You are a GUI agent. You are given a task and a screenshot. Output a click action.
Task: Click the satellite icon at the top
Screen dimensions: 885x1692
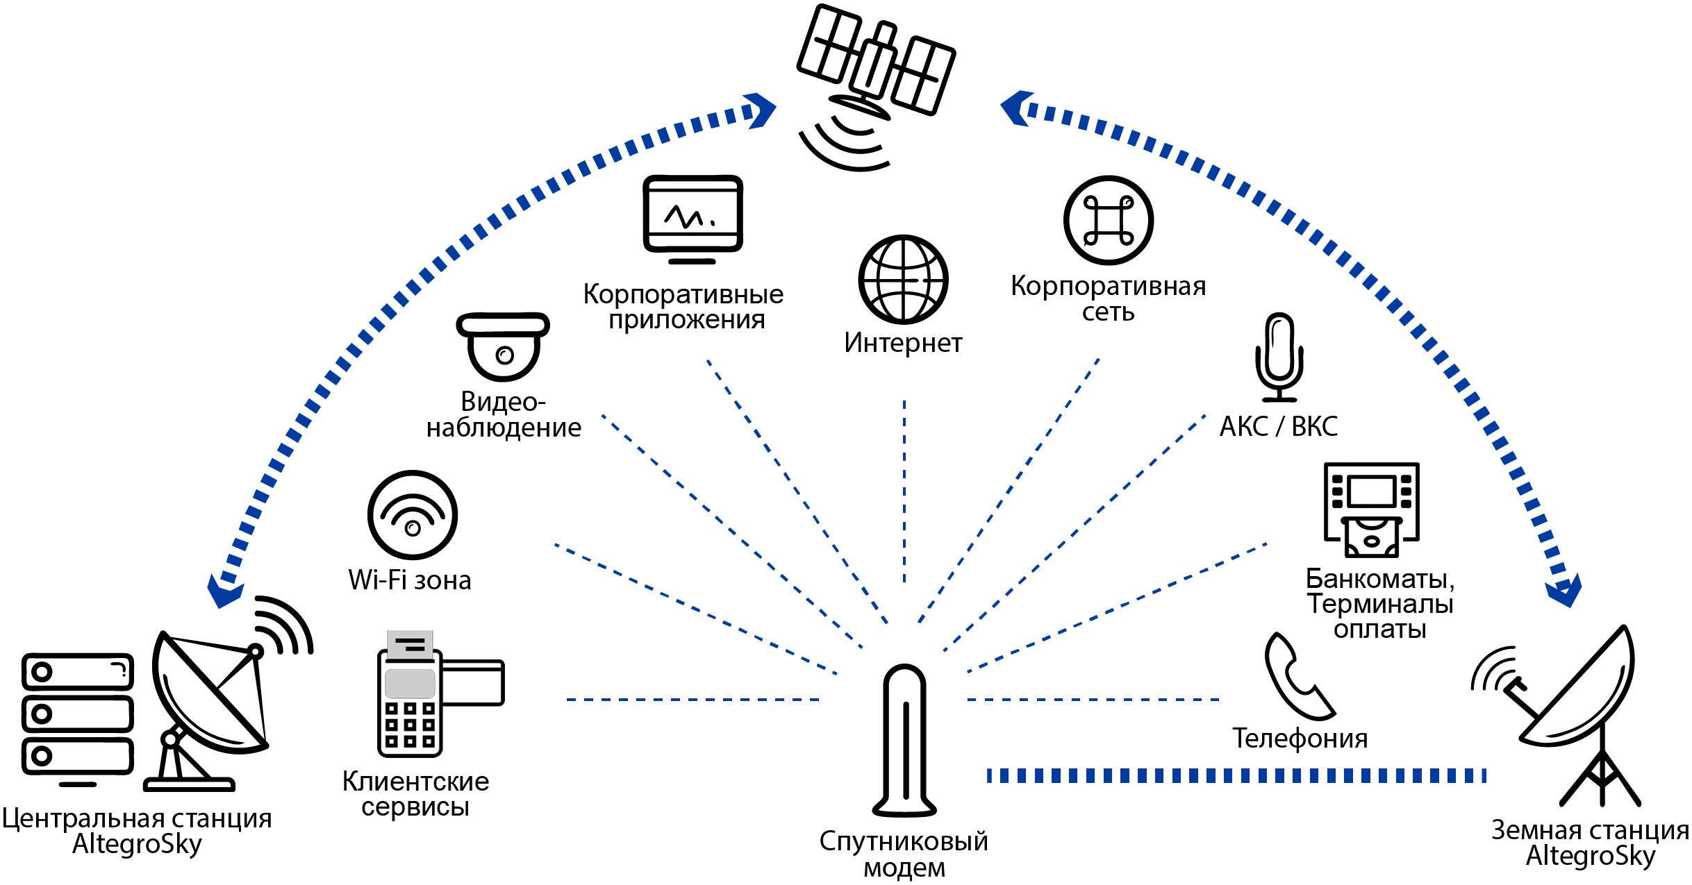(875, 66)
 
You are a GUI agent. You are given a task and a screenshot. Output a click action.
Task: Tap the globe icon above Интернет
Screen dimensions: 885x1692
(903, 279)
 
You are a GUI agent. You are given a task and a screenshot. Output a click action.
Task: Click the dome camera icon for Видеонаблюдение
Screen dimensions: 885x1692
(503, 346)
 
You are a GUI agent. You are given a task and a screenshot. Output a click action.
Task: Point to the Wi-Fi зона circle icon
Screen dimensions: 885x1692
(413, 514)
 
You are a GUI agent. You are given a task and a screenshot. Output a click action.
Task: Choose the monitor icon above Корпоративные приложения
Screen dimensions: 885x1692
(692, 217)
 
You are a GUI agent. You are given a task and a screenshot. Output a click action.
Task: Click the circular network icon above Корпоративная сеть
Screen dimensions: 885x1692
(1109, 220)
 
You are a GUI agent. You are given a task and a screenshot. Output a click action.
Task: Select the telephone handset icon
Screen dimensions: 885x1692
(1296, 676)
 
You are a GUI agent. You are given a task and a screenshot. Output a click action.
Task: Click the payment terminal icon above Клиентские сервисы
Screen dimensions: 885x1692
(431, 694)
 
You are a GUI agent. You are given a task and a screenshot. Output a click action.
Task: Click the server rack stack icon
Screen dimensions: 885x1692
(77, 715)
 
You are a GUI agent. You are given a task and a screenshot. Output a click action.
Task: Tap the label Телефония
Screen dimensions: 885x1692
(1300, 739)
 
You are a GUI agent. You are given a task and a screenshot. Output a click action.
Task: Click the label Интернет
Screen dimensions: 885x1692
(903, 343)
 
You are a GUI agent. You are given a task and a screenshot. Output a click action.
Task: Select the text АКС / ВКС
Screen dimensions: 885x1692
(1278, 426)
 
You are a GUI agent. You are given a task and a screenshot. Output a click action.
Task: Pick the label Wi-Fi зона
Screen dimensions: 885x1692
(410, 580)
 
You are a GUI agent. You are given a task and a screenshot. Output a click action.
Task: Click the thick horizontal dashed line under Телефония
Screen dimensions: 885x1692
(1236, 775)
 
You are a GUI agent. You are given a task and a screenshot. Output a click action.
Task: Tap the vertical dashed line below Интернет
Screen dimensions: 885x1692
(904, 493)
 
